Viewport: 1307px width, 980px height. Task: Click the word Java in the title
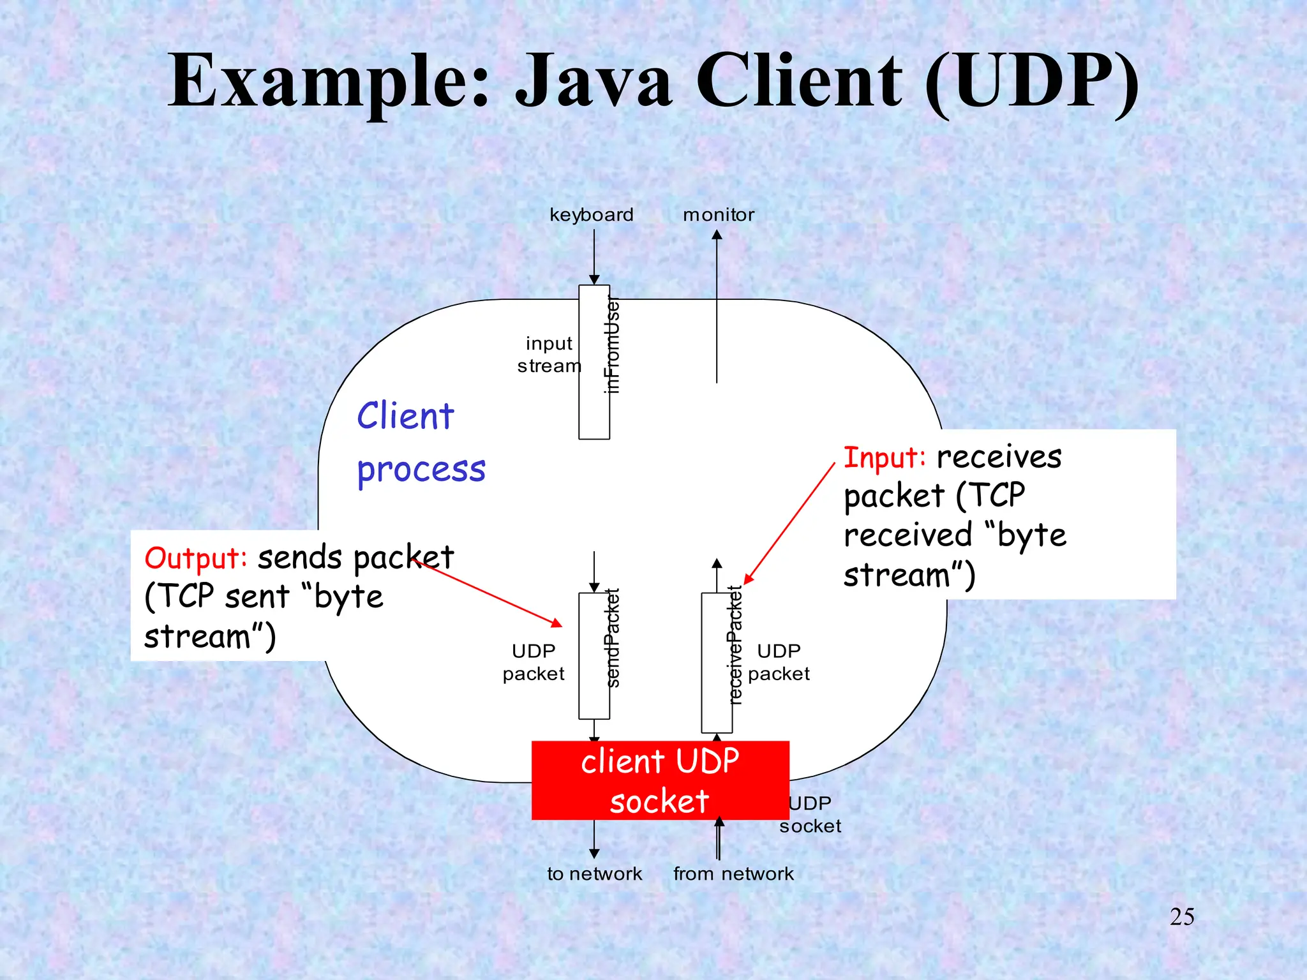tap(594, 82)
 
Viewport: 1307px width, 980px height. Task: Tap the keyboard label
tap(592, 215)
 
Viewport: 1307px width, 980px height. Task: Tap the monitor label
tap(719, 215)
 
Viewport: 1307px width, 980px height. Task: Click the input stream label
tap(549, 355)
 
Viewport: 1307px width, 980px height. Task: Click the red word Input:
tap(885, 458)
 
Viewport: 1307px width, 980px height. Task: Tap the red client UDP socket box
tap(660, 780)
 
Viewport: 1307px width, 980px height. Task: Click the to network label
tap(594, 874)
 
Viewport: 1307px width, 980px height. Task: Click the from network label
tap(733, 874)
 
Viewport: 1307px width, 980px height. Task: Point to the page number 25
tap(1182, 917)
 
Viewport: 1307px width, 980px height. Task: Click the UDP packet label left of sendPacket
tap(534, 662)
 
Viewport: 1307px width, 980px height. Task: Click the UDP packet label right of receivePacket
tap(779, 662)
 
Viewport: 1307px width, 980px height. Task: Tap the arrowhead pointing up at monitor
tap(717, 235)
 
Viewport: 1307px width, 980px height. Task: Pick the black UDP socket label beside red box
tap(810, 815)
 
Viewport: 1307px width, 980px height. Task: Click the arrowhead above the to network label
tap(594, 854)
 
